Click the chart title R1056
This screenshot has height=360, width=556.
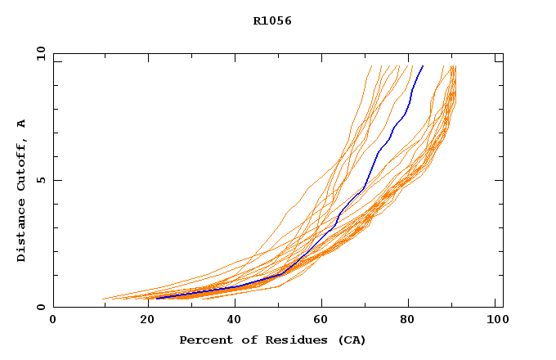(x=272, y=21)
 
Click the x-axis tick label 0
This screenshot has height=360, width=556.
(x=53, y=321)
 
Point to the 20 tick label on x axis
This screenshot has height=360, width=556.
(x=142, y=321)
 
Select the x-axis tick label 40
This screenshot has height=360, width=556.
(x=231, y=321)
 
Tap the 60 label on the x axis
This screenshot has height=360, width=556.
(x=319, y=321)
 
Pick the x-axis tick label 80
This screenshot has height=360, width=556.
(x=408, y=321)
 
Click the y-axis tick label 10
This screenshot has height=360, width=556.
(x=40, y=53)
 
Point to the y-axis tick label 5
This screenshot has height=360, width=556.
(x=43, y=180)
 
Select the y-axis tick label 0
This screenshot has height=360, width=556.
(x=43, y=307)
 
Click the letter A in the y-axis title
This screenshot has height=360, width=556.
(x=22, y=123)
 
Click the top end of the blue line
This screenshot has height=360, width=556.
(x=423, y=65)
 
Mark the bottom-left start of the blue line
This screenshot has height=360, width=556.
(x=155, y=299)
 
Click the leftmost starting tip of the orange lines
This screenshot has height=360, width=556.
(x=102, y=299)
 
